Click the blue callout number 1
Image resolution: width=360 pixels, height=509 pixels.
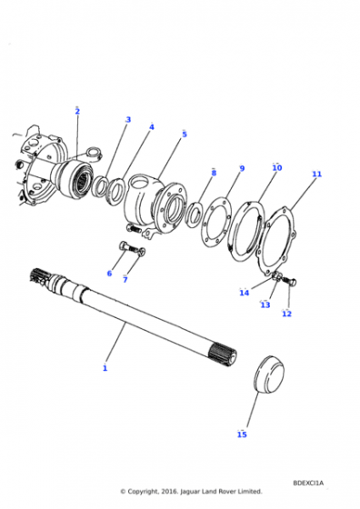pyautogui.click(x=105, y=368)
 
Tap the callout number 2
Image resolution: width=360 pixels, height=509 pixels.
pyautogui.click(x=77, y=111)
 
